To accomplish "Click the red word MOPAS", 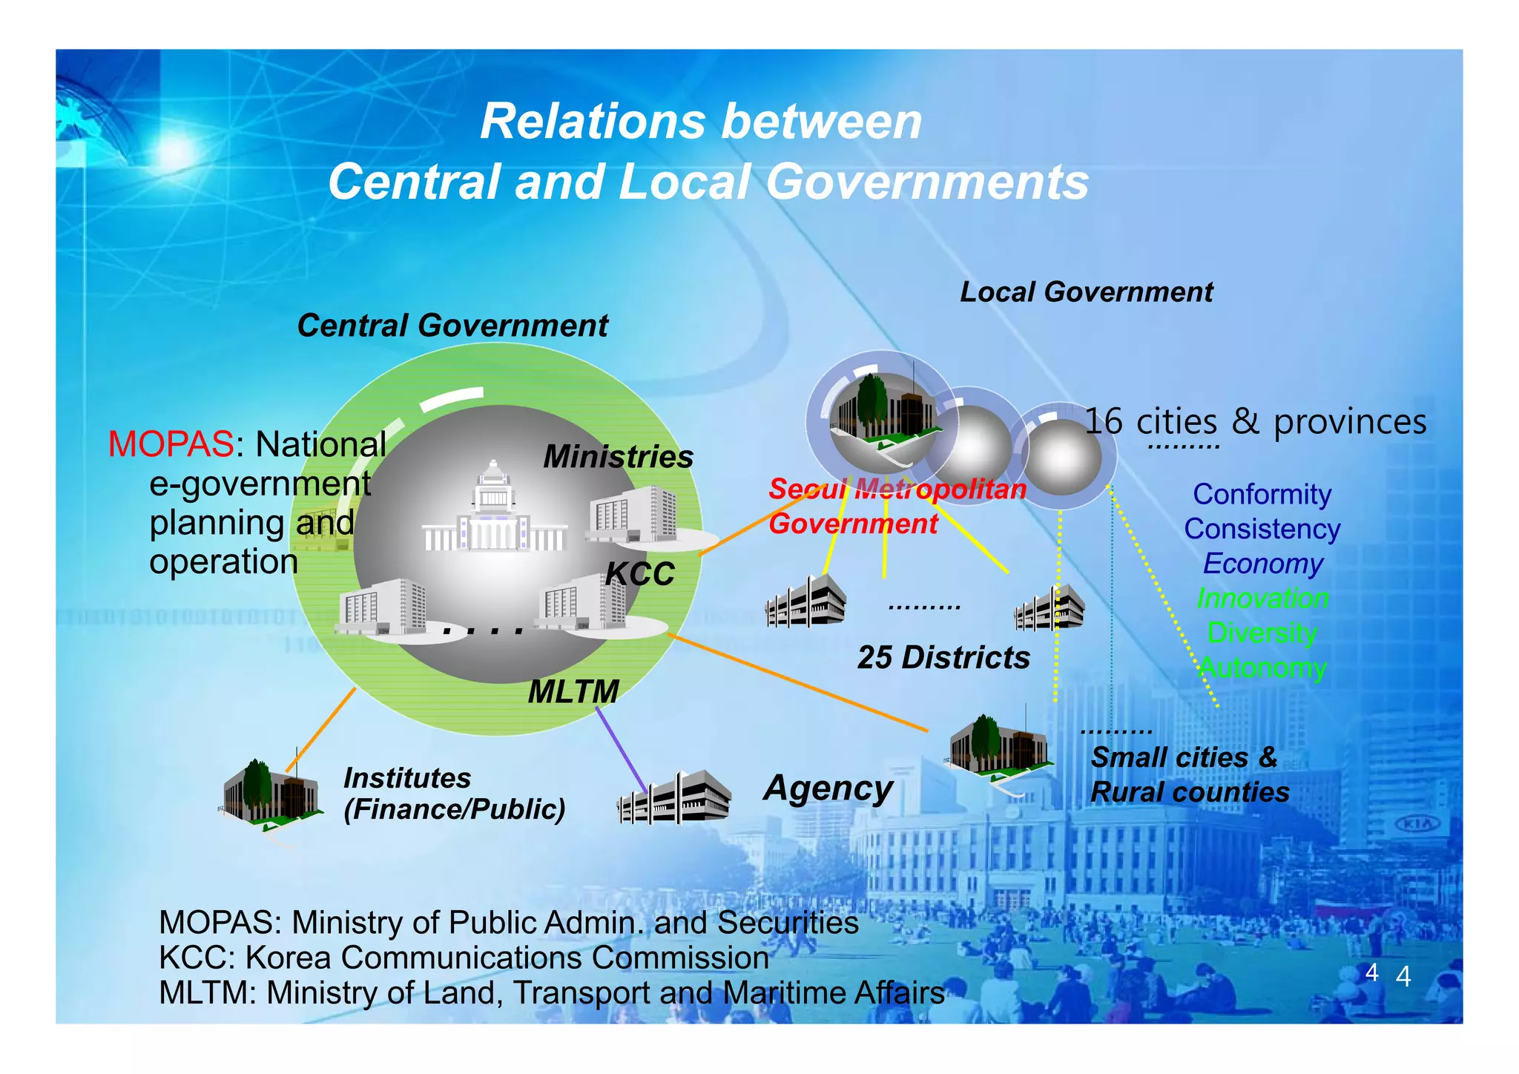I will click(171, 445).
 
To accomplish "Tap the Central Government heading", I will click(452, 326).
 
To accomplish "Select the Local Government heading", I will click(1087, 292).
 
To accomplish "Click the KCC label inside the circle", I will click(640, 574).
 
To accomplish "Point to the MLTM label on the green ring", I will click(573, 692).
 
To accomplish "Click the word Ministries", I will click(618, 457).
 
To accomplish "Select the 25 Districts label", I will click(943, 658).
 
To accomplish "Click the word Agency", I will click(828, 788).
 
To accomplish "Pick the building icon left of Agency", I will click(674, 797).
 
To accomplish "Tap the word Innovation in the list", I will click(1262, 599).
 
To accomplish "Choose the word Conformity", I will click(1262, 495).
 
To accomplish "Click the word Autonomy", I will click(1263, 668).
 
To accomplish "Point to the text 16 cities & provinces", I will click(1255, 422).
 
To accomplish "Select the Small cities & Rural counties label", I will click(1189, 775).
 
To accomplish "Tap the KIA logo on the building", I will click(1417, 824).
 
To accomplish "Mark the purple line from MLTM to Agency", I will click(622, 749).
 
